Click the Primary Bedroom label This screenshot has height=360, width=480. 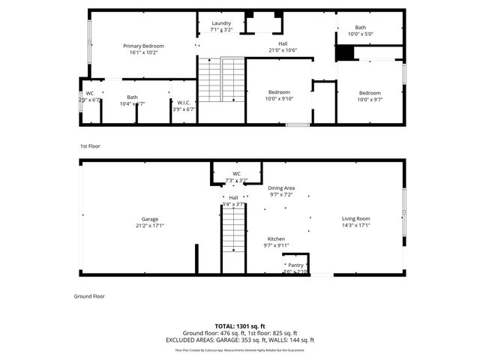pos(143,46)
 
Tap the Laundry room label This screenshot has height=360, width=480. pos(220,23)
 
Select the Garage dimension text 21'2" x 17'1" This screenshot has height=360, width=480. pos(150,225)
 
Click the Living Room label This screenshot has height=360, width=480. pos(356,218)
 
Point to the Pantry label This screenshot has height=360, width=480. pos(295,265)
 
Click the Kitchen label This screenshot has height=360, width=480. pos(275,238)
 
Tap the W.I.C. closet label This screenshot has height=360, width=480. pos(184,102)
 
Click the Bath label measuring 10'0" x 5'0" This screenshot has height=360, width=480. pos(361,27)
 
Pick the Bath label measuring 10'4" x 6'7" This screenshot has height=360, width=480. pos(132,97)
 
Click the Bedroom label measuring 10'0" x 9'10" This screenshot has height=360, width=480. pos(279,92)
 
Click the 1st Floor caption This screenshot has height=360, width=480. pos(90,146)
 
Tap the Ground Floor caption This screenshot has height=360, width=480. pos(89,296)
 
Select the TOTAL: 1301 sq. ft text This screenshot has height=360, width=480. pos(240,326)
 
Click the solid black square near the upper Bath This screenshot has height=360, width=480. pos(344,54)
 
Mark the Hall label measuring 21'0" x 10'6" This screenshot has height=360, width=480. pos(283,43)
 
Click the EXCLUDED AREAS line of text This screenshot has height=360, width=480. pos(240,339)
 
